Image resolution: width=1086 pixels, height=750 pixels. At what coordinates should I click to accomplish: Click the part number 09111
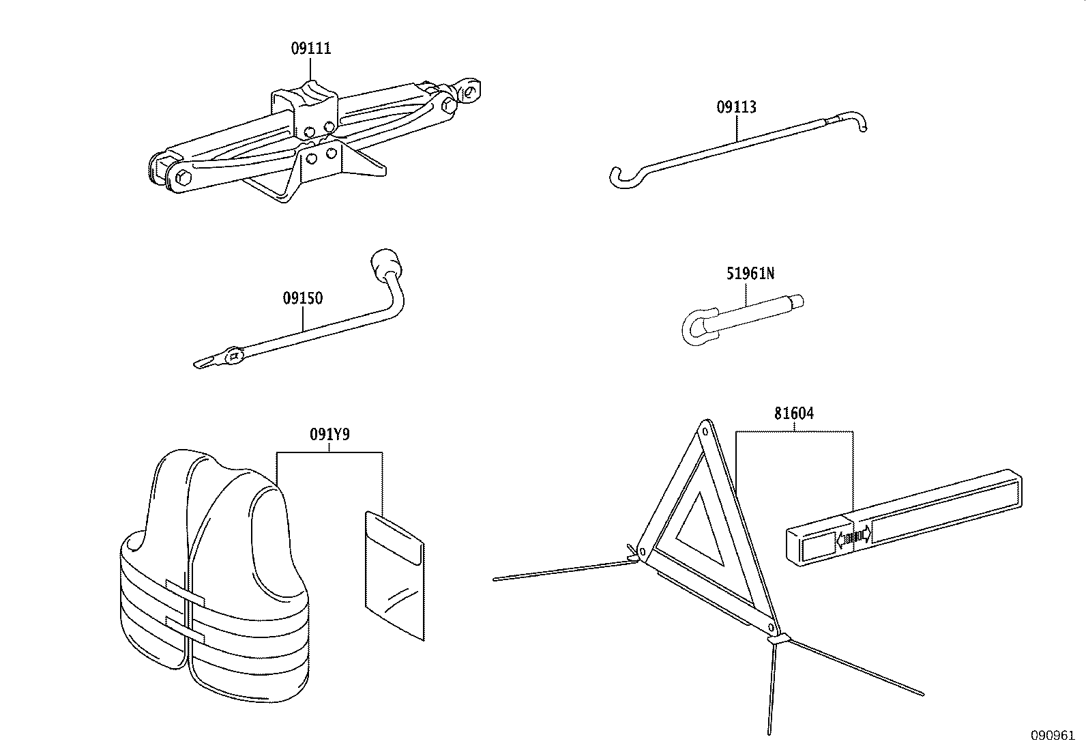[311, 48]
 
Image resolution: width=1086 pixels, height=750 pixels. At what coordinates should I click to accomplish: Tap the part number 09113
[736, 107]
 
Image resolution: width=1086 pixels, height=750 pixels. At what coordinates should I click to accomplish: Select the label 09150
[303, 298]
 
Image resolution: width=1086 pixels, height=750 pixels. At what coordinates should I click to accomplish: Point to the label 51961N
[750, 274]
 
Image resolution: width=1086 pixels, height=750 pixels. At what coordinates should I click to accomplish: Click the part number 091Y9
[329, 434]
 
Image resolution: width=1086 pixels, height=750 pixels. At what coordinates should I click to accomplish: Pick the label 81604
[794, 414]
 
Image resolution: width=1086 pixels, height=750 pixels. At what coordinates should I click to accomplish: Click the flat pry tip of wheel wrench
[203, 362]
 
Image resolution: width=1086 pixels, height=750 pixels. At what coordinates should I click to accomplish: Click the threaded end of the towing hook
[795, 301]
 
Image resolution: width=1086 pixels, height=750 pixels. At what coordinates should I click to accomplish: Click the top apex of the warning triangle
[704, 431]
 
